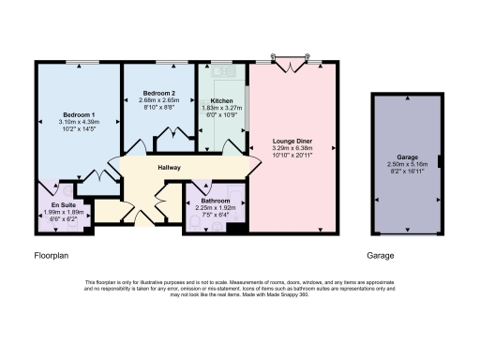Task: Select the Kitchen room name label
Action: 222,99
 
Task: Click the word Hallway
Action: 169,168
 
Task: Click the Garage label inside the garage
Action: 408,157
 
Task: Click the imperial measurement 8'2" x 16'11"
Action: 408,172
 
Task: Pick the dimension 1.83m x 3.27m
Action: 222,107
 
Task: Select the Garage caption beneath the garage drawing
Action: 381,254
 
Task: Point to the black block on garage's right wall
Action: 441,170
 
